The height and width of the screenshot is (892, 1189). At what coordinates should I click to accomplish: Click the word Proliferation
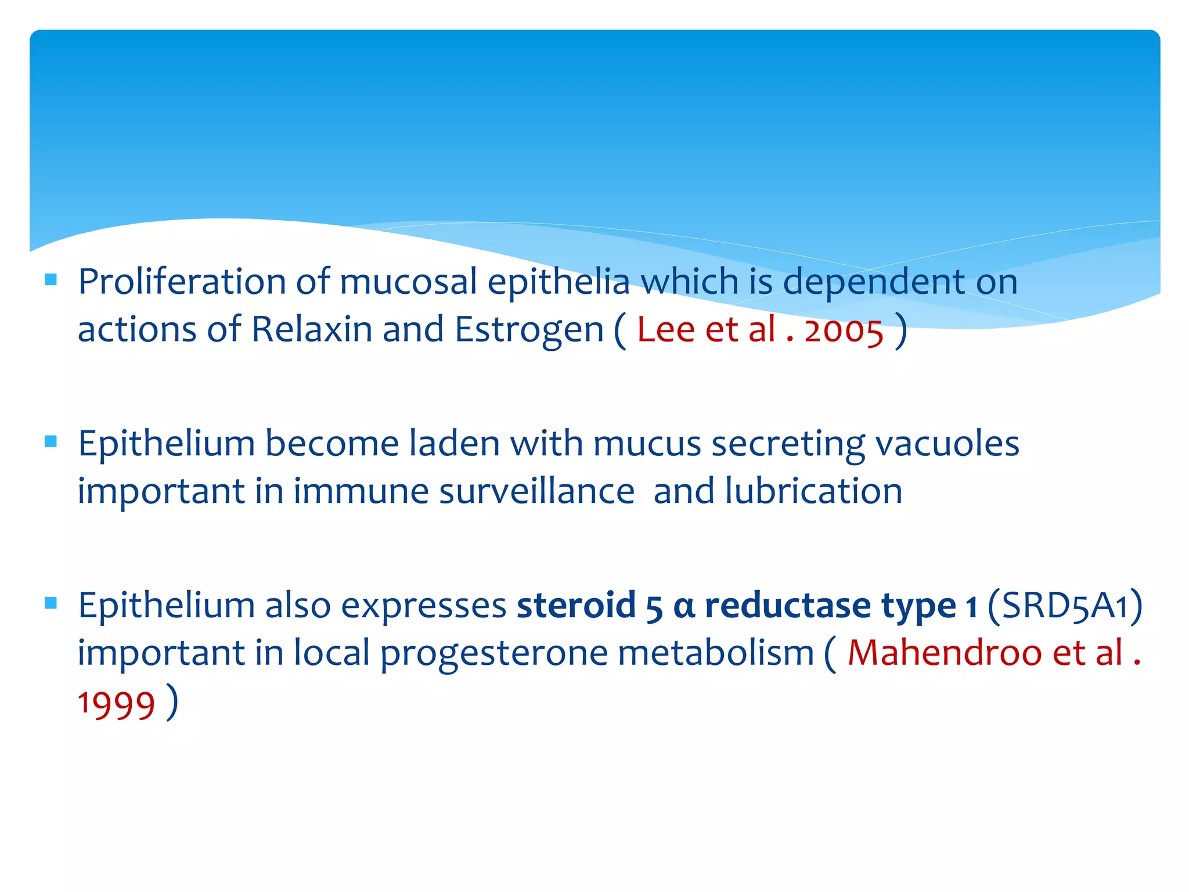pyautogui.click(x=182, y=283)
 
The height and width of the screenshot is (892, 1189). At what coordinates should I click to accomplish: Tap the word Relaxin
pyautogui.click(x=311, y=330)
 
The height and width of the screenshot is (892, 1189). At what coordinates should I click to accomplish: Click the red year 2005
pyautogui.click(x=844, y=331)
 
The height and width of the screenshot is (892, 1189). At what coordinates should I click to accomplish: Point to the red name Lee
pyautogui.click(x=665, y=330)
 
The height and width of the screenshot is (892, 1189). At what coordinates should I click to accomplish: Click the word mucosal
pyautogui.click(x=408, y=282)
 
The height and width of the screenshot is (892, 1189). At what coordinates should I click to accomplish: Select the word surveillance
pyautogui.click(x=536, y=492)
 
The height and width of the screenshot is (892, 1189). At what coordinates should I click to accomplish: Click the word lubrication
pyautogui.click(x=813, y=492)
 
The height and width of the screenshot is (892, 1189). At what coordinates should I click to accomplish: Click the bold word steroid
pyautogui.click(x=576, y=606)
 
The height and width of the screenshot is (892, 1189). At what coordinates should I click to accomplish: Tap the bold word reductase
pyautogui.click(x=787, y=606)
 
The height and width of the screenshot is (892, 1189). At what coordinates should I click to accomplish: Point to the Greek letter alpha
pyautogui.click(x=684, y=607)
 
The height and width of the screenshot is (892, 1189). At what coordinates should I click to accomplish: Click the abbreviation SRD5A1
pyautogui.click(x=1065, y=606)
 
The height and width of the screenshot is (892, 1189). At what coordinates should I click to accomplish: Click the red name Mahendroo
pyautogui.click(x=945, y=653)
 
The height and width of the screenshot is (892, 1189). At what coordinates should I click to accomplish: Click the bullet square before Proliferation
pyautogui.click(x=51, y=280)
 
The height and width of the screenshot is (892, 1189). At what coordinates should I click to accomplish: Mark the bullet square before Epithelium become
pyautogui.click(x=51, y=442)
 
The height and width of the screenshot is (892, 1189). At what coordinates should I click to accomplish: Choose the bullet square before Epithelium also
pyautogui.click(x=51, y=603)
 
